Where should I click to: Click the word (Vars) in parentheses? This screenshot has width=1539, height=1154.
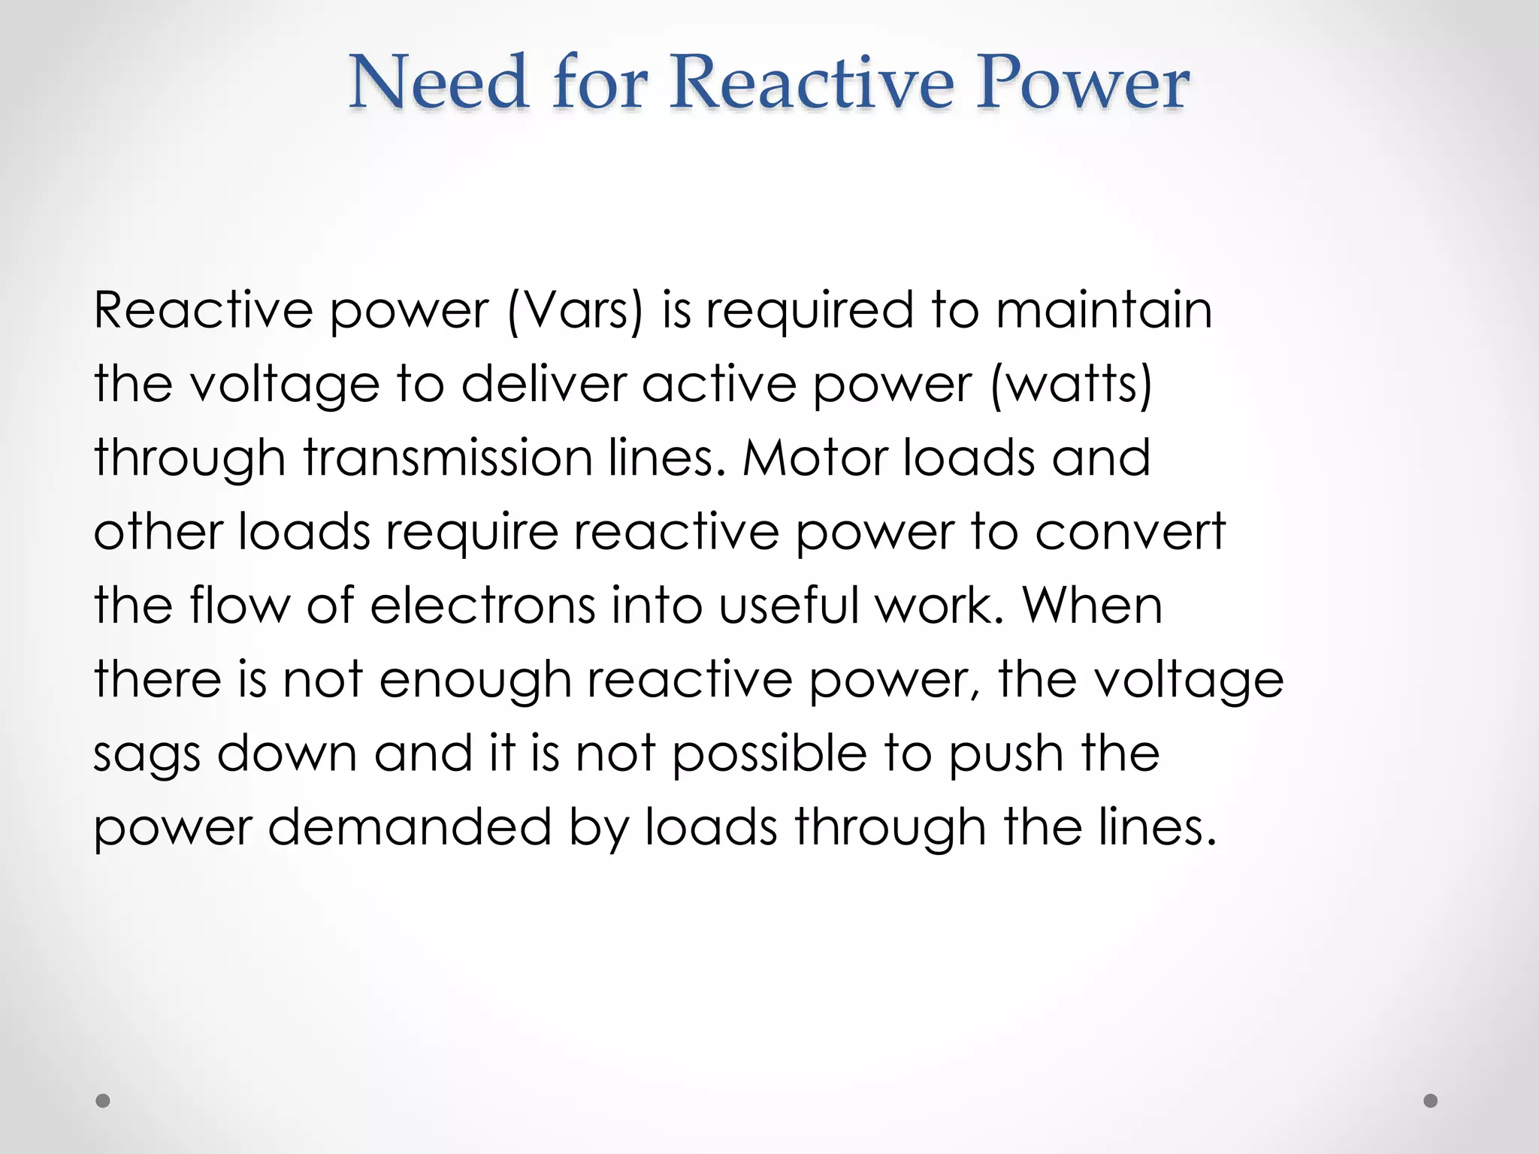tap(576, 310)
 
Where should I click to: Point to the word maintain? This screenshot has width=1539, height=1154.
tap(1104, 310)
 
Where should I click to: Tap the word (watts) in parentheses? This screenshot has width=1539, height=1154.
tap(1072, 384)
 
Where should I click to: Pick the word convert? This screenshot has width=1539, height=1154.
tap(1130, 531)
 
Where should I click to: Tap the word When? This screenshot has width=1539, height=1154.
tap(1093, 605)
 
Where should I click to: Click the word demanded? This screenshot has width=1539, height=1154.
tap(410, 826)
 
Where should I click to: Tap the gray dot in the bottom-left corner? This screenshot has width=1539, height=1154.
tap(103, 1101)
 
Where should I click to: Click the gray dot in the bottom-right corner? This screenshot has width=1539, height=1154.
tap(1431, 1101)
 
